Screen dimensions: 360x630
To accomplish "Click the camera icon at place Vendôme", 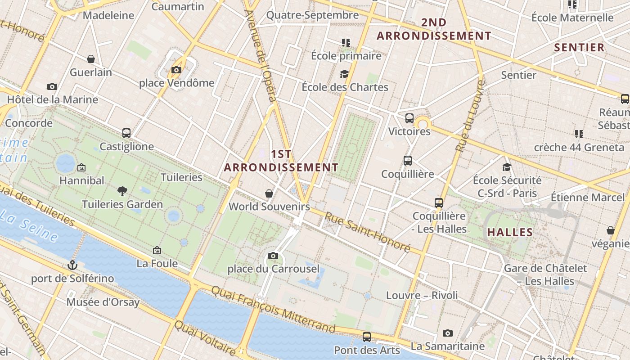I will click(x=176, y=70).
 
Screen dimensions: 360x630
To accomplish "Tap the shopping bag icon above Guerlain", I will click(x=91, y=59).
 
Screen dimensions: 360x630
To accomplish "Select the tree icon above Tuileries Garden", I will click(x=122, y=191).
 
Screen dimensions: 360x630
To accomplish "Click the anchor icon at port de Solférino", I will click(x=72, y=265).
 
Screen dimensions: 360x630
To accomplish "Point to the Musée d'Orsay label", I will click(x=103, y=302).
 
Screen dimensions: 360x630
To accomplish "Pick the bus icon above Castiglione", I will click(x=126, y=133).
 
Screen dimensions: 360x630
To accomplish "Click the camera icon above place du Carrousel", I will click(x=273, y=256).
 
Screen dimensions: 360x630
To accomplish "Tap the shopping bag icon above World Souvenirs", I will click(x=269, y=193).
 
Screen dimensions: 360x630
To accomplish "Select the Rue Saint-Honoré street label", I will click(x=368, y=232).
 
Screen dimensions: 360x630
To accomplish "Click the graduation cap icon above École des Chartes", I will click(x=345, y=74).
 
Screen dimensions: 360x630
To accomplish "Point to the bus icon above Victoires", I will click(x=409, y=118).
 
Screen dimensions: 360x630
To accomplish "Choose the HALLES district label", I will click(x=510, y=233).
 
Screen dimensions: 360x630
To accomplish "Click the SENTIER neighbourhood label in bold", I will click(x=579, y=48).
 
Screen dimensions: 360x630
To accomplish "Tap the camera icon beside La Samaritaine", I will click(x=447, y=333).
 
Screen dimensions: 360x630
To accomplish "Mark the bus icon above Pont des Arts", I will click(x=367, y=337).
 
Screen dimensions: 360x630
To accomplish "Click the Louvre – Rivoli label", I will click(x=422, y=295).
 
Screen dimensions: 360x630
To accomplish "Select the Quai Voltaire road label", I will click(x=205, y=338).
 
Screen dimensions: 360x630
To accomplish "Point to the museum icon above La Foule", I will click(x=157, y=250).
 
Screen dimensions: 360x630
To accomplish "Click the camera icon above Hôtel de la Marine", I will click(x=52, y=86).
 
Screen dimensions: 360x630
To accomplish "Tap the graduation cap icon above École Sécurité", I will click(x=507, y=167).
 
